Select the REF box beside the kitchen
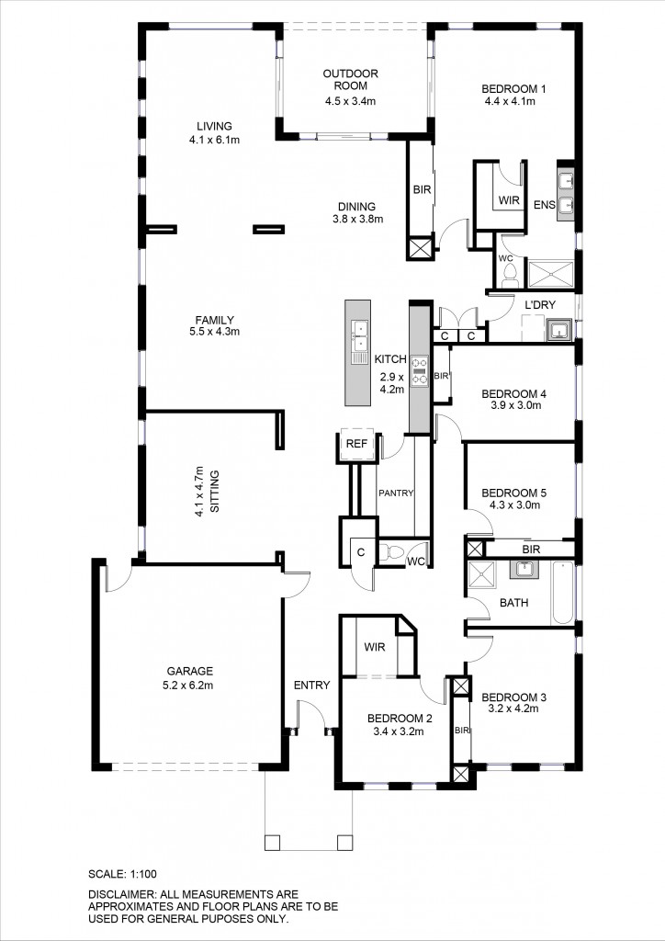pos(355,444)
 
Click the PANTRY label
pos(396,493)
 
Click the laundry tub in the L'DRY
pos(558,329)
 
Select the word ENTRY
pos(311,685)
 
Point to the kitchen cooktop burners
pos(419,370)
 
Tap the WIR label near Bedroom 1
pos(509,199)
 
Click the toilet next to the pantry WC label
pos(394,552)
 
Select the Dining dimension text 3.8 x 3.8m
pos(357,219)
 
